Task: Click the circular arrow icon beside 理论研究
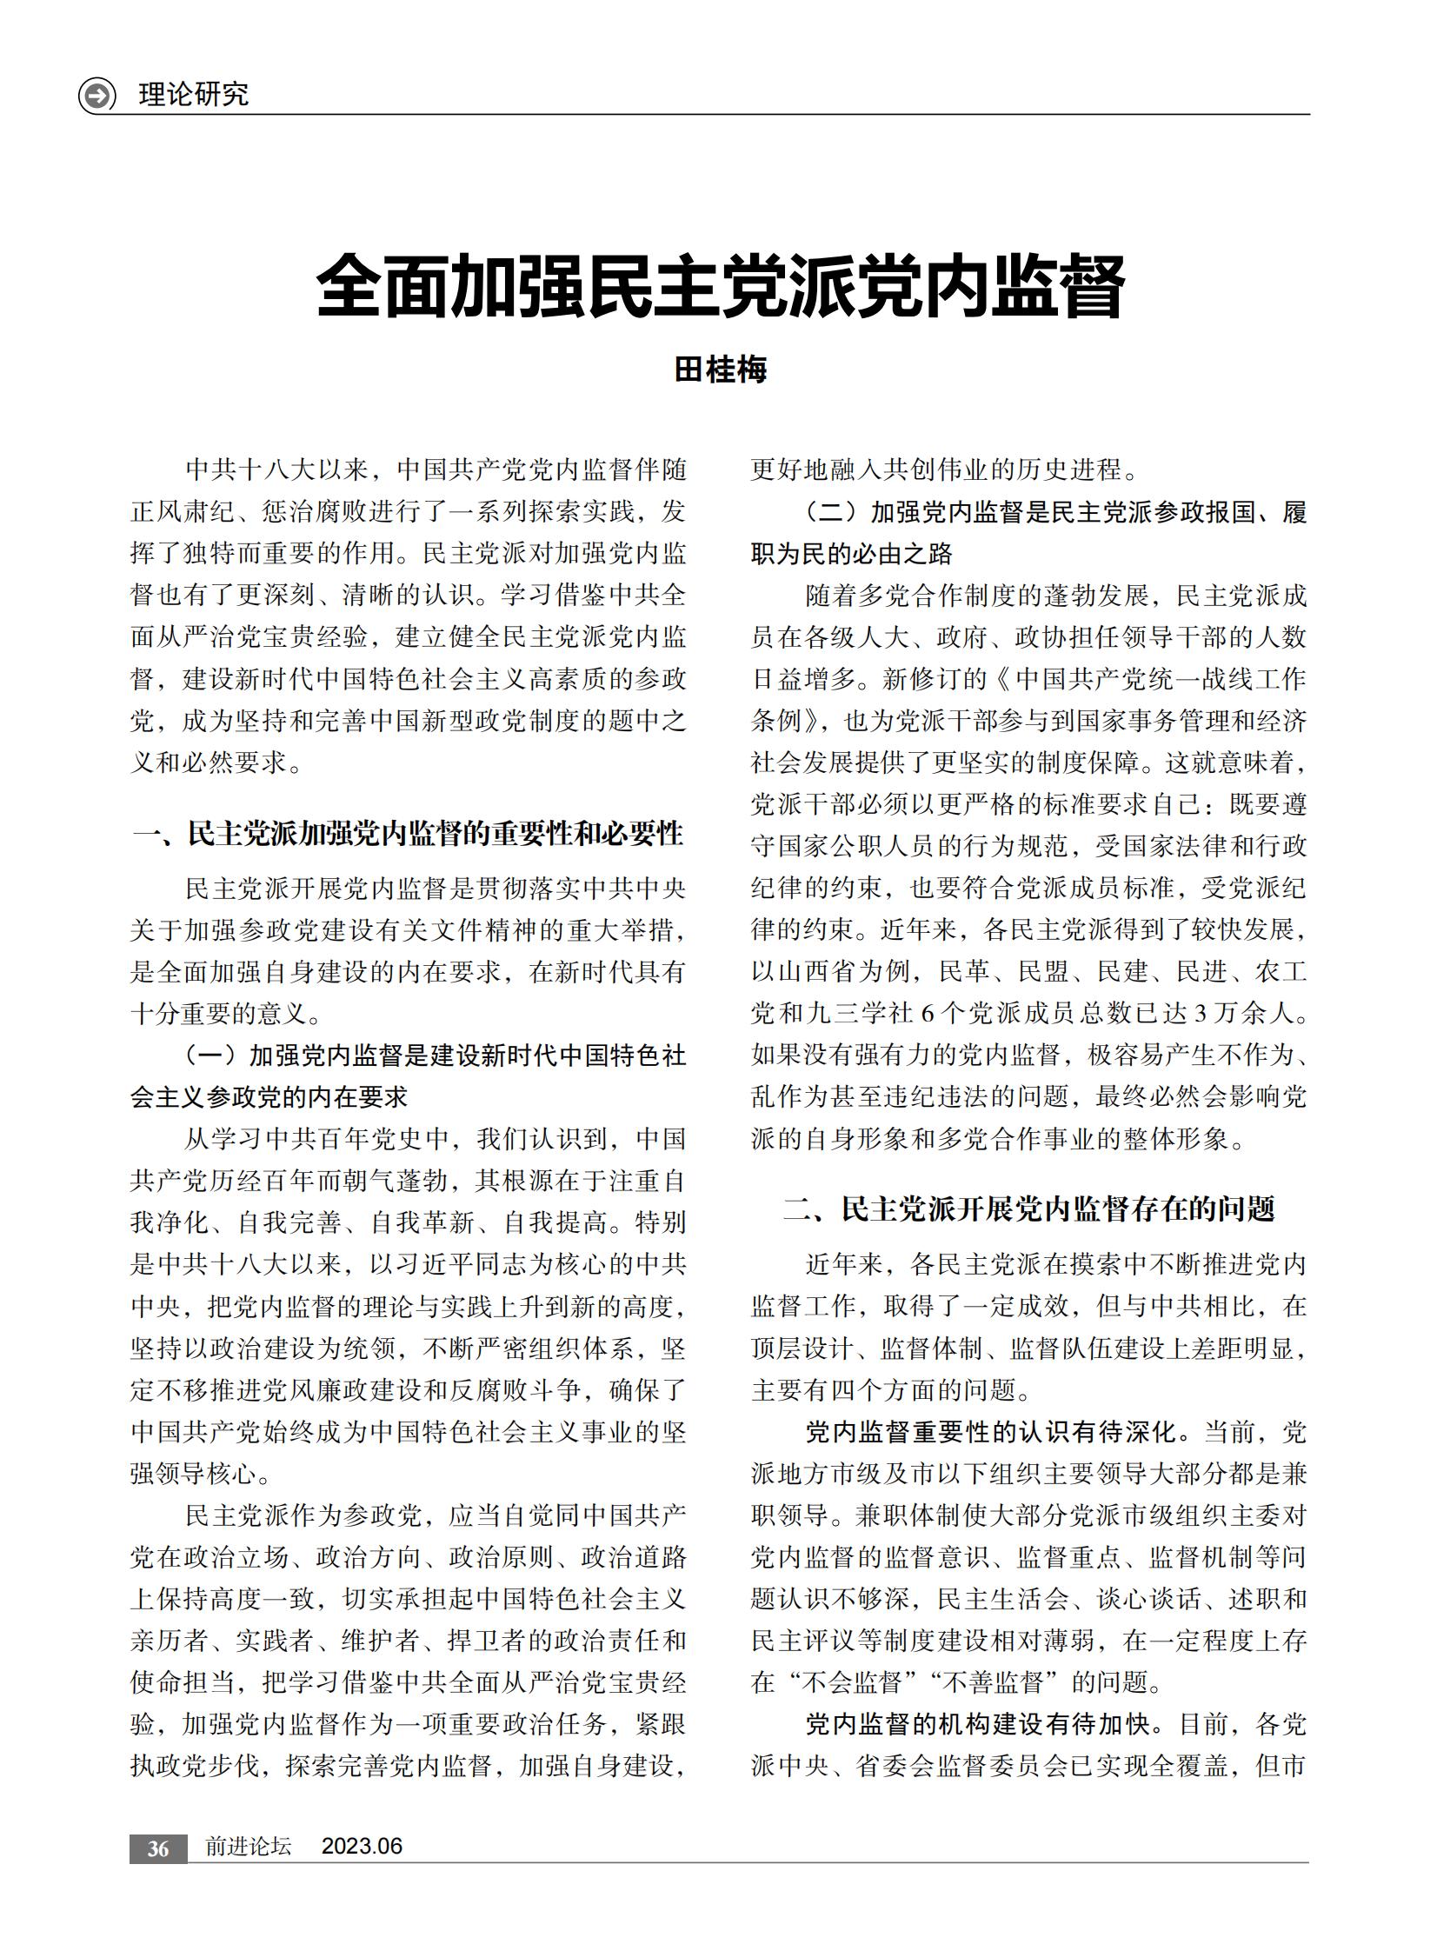(x=96, y=95)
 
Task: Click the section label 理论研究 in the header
(x=193, y=94)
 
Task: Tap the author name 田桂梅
(x=721, y=370)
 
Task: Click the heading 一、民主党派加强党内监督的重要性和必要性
(x=407, y=833)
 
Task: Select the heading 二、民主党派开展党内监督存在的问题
(x=1029, y=1209)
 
